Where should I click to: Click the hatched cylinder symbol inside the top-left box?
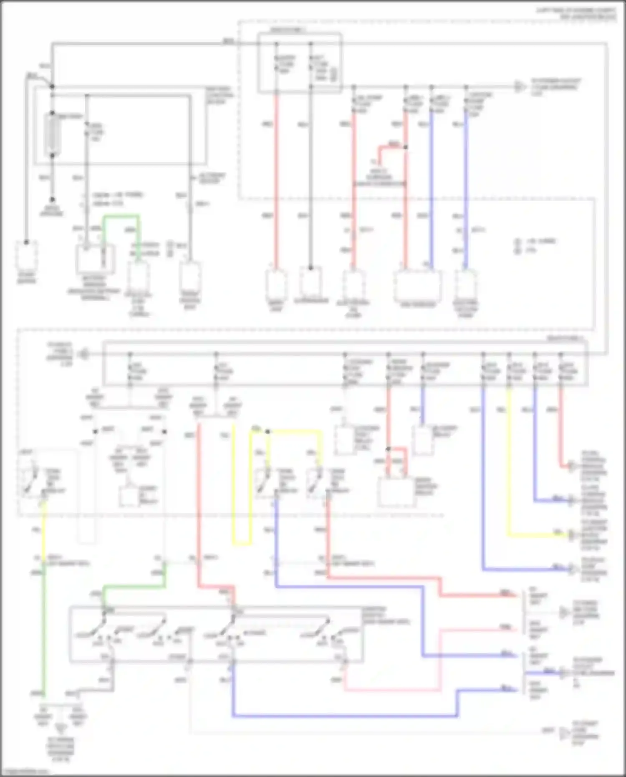click(52, 134)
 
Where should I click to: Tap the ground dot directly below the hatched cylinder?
click(52, 200)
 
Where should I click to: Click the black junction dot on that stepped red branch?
click(405, 147)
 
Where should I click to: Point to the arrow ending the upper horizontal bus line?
click(519, 87)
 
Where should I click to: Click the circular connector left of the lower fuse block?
click(84, 354)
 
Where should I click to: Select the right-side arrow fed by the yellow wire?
click(571, 535)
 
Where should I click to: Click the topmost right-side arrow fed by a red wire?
click(571, 466)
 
